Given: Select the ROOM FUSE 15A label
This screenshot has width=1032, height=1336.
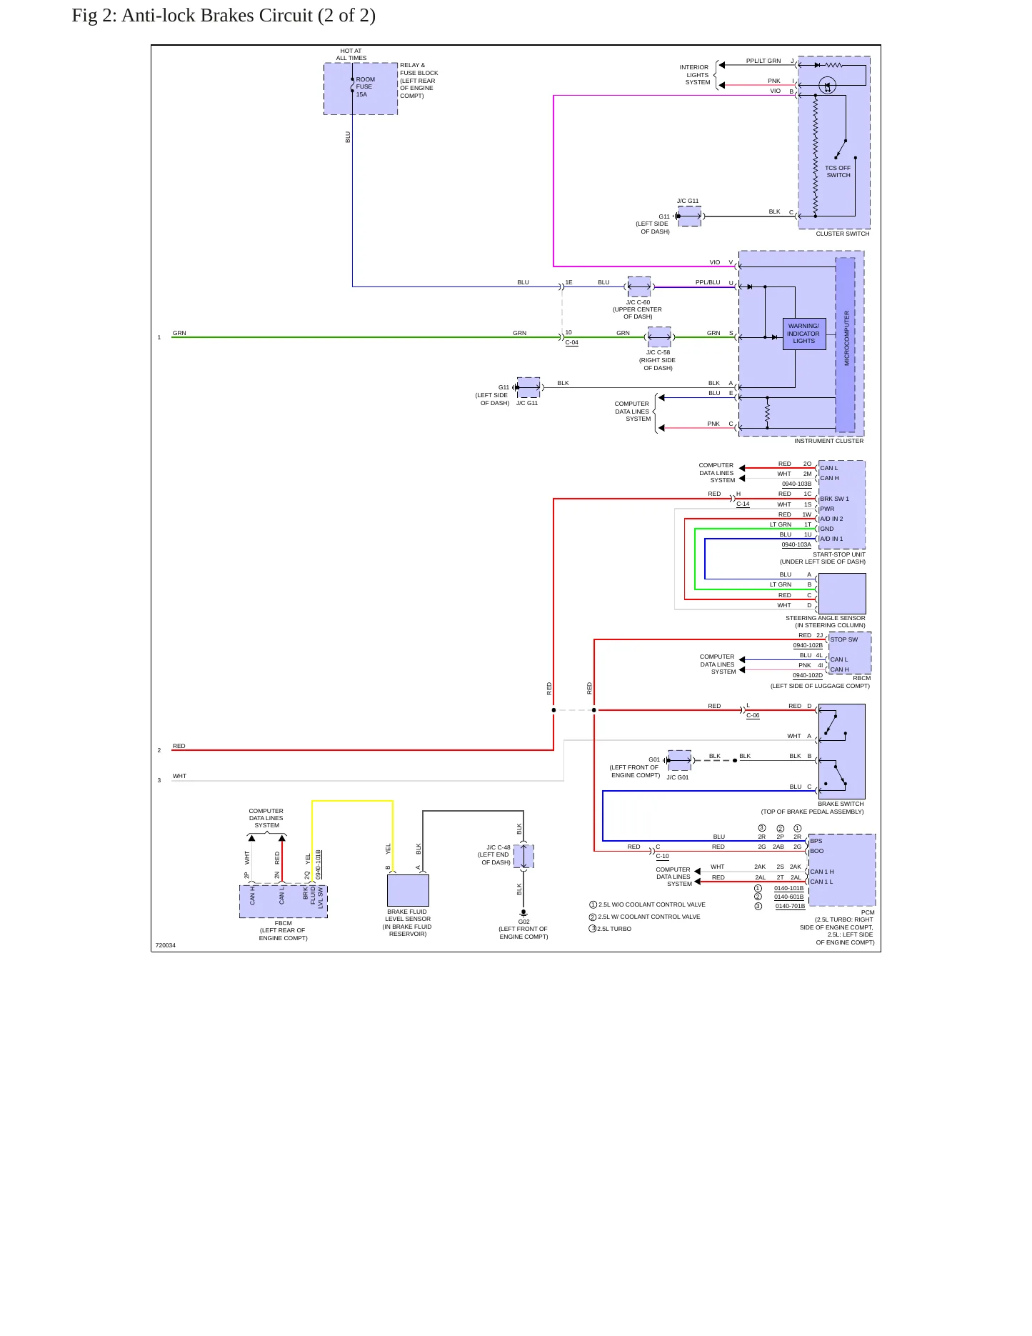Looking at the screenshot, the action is point(365,87).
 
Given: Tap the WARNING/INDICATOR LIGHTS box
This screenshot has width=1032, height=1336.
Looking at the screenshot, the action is point(804,334).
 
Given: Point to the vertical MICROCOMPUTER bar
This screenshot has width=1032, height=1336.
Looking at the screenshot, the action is point(846,345).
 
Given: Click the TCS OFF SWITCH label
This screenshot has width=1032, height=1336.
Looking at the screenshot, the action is point(838,171).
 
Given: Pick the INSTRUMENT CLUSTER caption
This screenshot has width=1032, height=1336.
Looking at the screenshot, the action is point(828,441).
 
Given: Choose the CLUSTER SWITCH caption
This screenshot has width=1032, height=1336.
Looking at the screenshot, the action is point(843,234).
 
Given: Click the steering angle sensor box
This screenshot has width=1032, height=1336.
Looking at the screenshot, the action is point(842,594).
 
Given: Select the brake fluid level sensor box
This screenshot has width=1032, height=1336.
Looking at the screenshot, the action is point(408,890).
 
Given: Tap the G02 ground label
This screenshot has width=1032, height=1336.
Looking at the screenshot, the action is point(523,922).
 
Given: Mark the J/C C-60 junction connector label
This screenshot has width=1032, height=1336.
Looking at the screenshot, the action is point(638,302).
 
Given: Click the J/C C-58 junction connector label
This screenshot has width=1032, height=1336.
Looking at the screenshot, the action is point(658,352).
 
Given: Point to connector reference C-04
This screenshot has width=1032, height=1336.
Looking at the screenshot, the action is point(571,342).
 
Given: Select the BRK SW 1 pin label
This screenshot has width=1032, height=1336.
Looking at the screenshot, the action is point(835,499).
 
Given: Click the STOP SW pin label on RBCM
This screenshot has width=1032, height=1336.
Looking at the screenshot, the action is point(844,639).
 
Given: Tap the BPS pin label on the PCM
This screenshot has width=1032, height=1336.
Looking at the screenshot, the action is point(816,841).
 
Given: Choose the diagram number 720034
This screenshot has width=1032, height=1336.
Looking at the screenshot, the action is point(165,945).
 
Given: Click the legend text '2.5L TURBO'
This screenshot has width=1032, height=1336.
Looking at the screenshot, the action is point(614,929).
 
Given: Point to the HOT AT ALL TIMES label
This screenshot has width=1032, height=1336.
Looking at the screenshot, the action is point(351,54).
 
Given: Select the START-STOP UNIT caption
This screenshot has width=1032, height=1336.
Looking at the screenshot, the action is point(838,554).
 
